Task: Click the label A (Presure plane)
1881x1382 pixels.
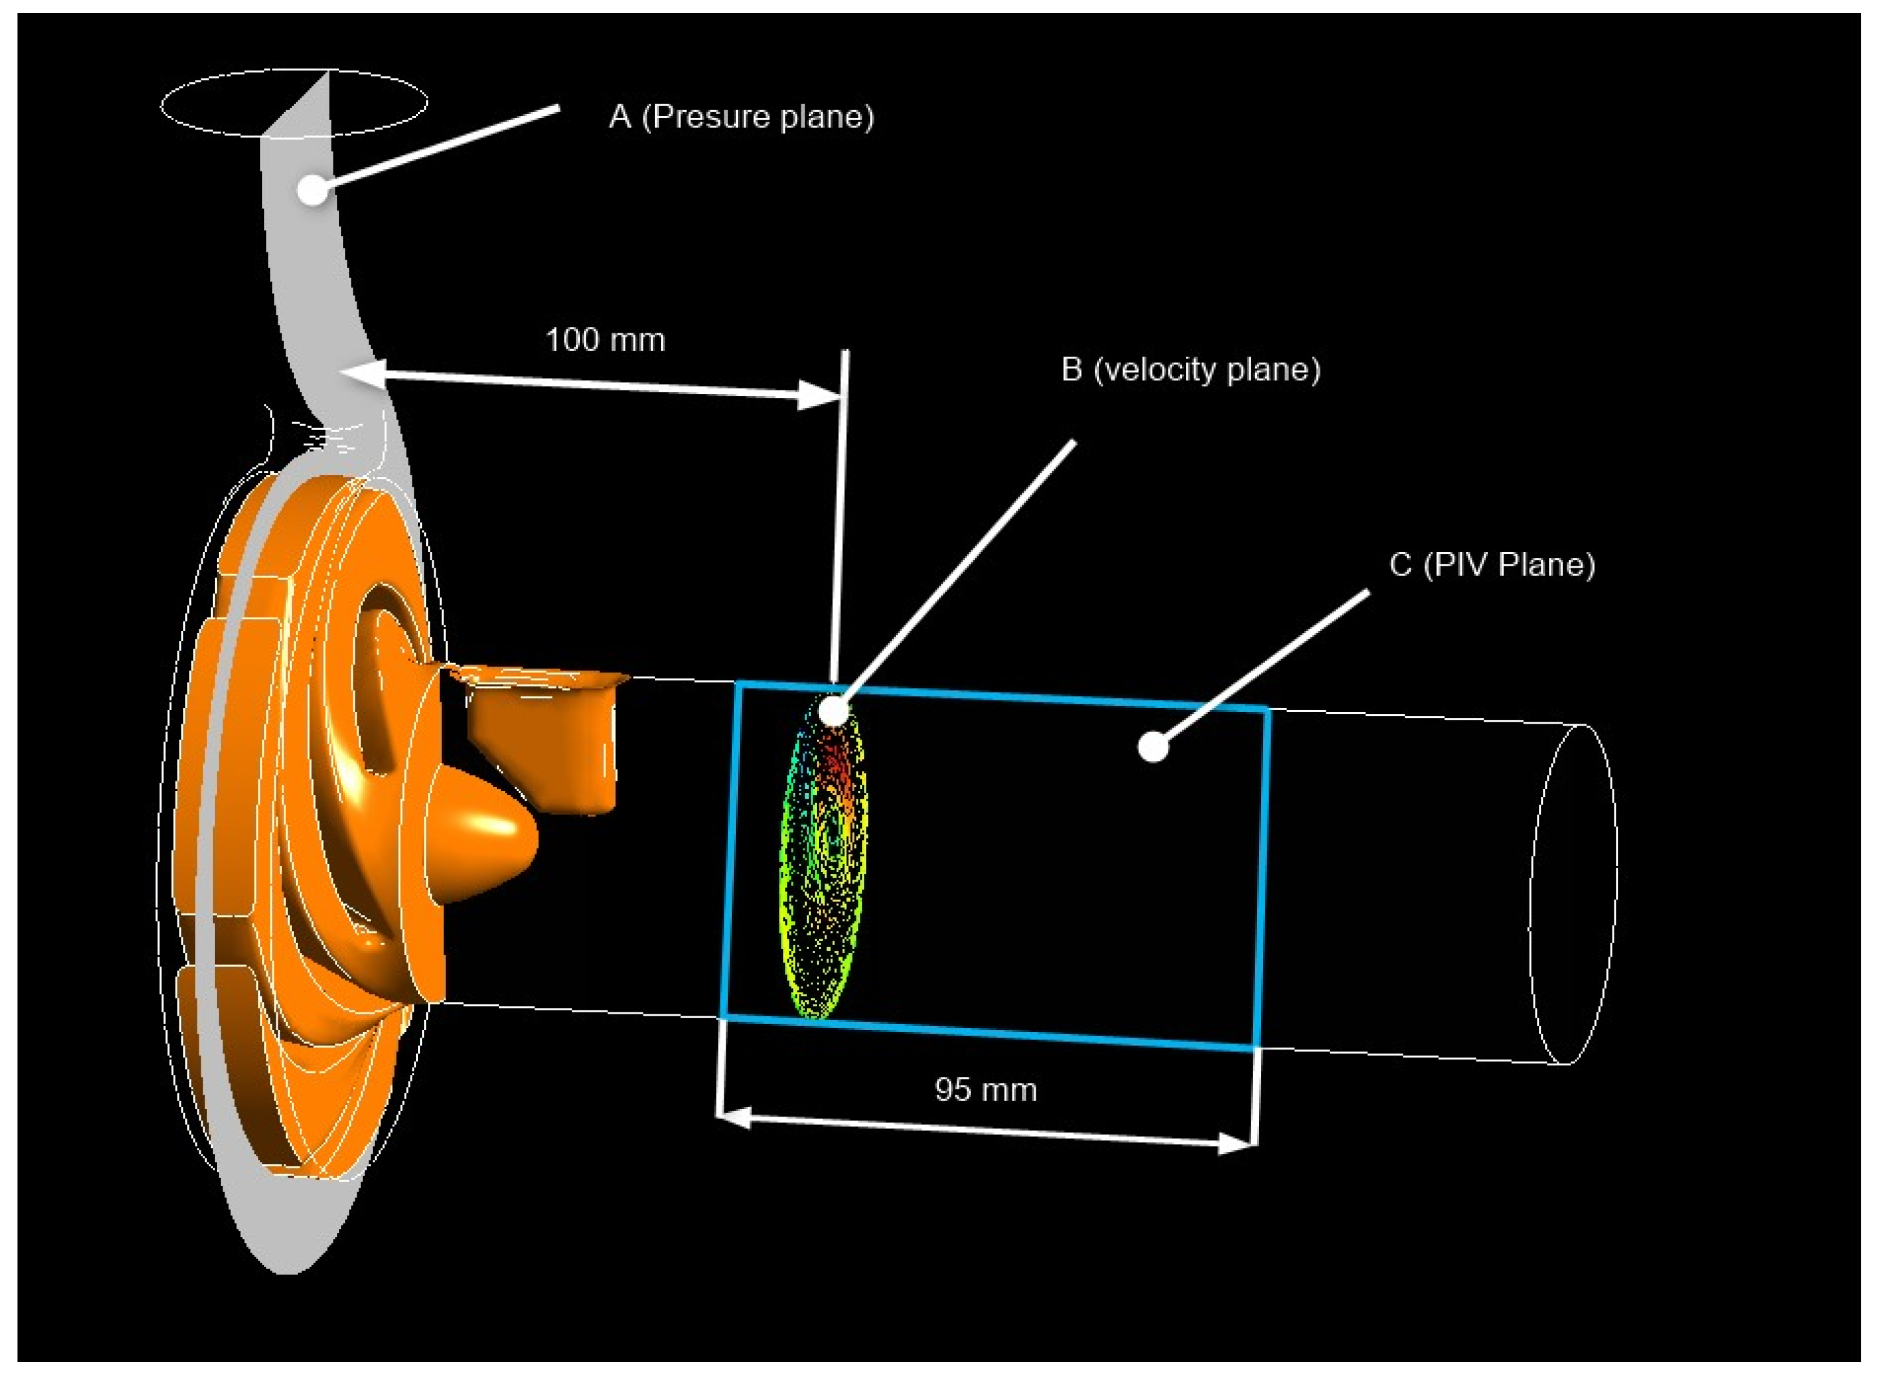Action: (741, 117)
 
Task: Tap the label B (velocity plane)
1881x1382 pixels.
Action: (1190, 369)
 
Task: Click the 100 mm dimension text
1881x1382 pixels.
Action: (605, 340)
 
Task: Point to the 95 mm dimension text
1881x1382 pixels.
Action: (985, 1089)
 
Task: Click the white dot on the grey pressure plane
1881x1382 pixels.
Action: (312, 190)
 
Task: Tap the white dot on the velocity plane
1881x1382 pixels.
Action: (833, 711)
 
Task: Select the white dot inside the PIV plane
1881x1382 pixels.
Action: (1153, 747)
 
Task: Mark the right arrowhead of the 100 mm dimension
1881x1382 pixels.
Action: (819, 395)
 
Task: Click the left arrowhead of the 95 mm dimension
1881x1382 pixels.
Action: (734, 1117)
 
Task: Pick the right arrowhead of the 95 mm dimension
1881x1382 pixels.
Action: (1237, 1144)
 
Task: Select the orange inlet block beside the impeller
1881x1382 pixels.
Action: (544, 744)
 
